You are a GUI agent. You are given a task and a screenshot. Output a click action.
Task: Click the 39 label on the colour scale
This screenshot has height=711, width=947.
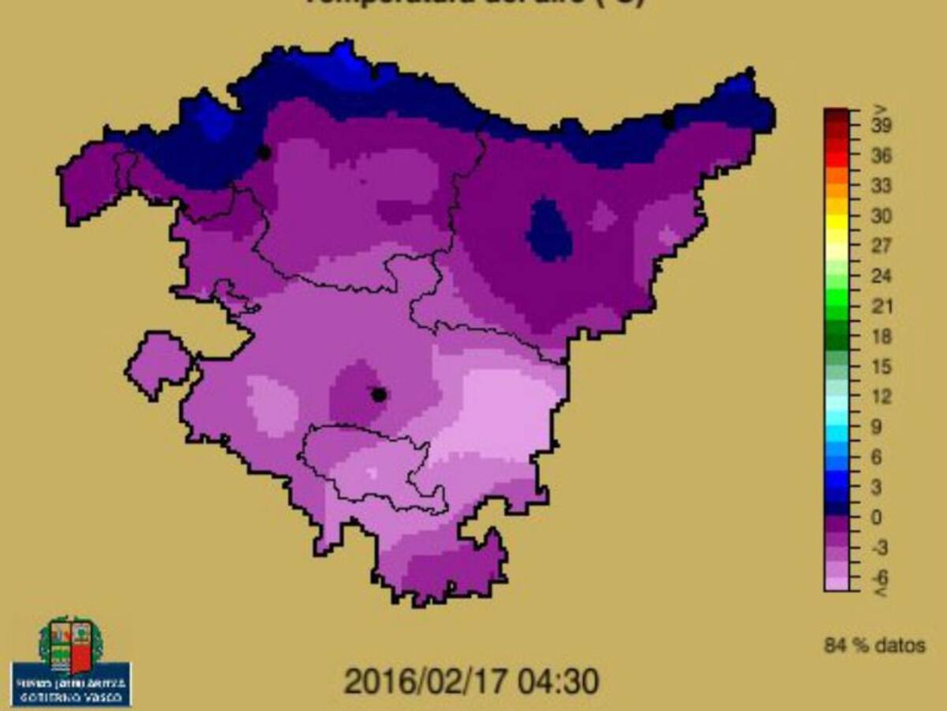[882, 126]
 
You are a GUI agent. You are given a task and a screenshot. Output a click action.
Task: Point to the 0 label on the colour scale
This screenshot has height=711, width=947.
[876, 517]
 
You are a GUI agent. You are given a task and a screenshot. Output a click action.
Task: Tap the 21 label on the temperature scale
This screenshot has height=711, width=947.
[882, 306]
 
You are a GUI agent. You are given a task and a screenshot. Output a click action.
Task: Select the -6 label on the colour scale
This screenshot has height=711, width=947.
[882, 576]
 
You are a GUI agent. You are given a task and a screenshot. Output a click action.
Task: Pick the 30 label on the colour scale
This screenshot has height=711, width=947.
[882, 216]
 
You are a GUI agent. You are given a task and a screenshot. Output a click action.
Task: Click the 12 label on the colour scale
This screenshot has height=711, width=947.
[882, 396]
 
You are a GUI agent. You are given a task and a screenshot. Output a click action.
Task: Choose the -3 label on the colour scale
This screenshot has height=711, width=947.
[882, 547]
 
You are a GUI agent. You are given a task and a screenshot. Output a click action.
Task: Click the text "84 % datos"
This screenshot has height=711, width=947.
[874, 645]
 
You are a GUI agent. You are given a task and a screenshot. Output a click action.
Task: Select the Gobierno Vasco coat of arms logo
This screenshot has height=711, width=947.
[71, 643]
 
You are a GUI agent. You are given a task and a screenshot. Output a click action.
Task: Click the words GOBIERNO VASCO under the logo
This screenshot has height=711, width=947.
[71, 695]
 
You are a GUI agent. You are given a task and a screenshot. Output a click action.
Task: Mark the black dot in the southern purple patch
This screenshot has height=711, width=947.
[379, 394]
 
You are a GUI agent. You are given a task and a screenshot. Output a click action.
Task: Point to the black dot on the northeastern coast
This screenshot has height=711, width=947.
[668, 121]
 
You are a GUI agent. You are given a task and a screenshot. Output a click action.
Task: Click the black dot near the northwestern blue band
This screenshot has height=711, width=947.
[264, 152]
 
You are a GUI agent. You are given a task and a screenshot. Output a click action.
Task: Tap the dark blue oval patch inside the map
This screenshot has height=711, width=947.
[550, 229]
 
